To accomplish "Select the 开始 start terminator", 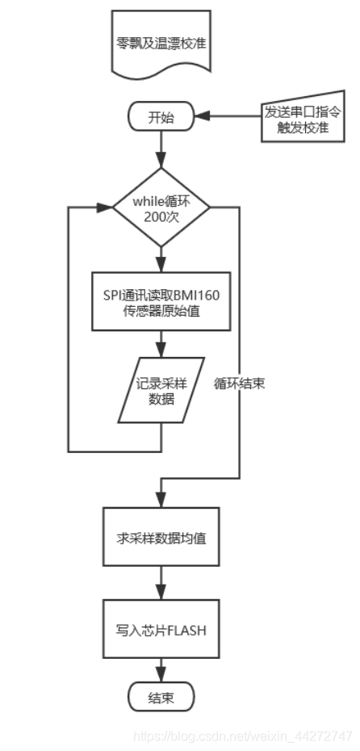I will (x=161, y=116).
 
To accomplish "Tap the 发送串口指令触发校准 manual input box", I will (x=296, y=120).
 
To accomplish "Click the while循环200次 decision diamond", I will (x=161, y=208).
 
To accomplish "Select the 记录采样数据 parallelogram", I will (x=161, y=389).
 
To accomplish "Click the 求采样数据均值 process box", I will (x=161, y=537).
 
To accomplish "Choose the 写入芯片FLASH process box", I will (x=161, y=629).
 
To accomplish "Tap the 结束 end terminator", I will (x=161, y=696).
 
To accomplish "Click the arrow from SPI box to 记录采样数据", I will (x=161, y=346).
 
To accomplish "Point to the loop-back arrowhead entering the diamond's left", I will (x=105, y=208).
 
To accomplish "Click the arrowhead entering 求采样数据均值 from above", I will (x=161, y=501).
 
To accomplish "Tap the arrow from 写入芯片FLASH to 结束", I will (x=161, y=669).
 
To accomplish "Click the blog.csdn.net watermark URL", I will (x=242, y=736).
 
